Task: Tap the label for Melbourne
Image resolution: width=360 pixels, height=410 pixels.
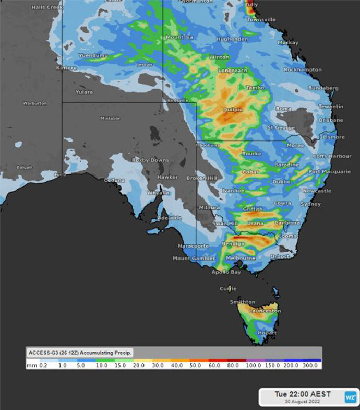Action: [241, 258]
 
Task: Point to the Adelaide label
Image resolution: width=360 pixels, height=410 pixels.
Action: [170, 217]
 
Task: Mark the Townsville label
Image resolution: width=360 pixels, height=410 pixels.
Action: [261, 19]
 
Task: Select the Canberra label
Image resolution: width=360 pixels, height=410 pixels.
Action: [286, 223]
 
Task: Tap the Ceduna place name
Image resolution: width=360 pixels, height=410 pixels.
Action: [114, 180]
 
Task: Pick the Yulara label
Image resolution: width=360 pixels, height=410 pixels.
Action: [84, 92]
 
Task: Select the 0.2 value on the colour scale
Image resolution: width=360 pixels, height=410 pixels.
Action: [43, 366]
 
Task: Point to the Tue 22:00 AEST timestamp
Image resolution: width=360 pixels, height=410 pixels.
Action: [297, 393]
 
